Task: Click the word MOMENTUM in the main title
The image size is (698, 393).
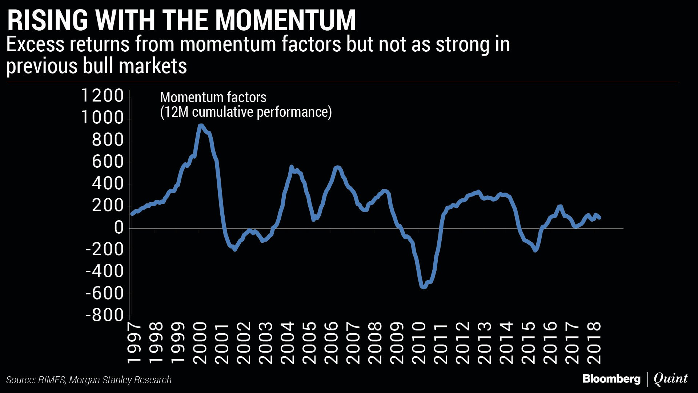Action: click(286, 20)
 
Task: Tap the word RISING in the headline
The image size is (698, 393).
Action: click(48, 20)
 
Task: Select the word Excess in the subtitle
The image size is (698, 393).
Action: click(35, 45)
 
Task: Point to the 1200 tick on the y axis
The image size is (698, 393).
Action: click(103, 96)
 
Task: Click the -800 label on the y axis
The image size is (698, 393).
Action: click(105, 315)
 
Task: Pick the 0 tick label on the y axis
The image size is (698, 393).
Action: click(119, 227)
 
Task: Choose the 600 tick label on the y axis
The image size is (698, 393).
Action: click(108, 162)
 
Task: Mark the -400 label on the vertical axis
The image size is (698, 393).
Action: click(105, 271)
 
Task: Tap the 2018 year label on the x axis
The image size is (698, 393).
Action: click(594, 343)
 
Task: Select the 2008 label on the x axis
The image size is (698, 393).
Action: click(375, 343)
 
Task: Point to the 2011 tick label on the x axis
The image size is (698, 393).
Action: click(441, 343)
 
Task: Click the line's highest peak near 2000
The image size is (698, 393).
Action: click(200, 126)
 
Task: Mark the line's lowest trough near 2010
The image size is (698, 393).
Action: click(423, 287)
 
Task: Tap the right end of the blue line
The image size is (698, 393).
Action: click(600, 218)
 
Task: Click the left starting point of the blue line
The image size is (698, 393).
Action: click(132, 214)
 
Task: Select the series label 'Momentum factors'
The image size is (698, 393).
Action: click(213, 98)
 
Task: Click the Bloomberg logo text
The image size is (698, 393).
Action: click(611, 379)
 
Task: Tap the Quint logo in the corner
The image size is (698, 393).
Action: click(670, 379)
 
